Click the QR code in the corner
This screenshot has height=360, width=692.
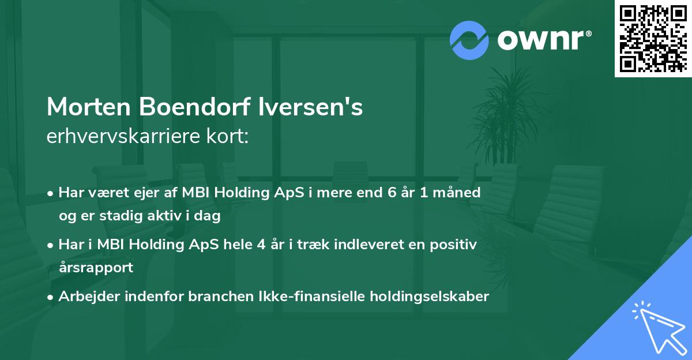[653, 38]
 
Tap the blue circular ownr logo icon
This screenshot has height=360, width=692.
[469, 40]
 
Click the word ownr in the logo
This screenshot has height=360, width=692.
[543, 40]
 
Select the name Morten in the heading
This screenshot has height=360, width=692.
[88, 108]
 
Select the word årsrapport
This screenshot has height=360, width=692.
[96, 267]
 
